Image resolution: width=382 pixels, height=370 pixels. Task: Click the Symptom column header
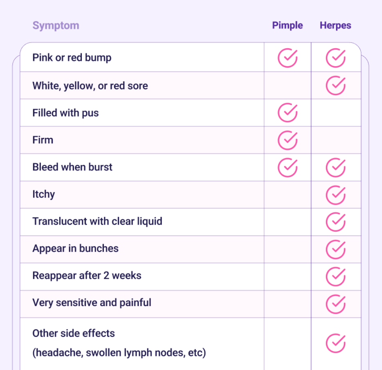[x=56, y=25]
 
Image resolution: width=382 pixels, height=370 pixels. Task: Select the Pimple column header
[x=288, y=25]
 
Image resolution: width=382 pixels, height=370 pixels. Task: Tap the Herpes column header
[x=335, y=25]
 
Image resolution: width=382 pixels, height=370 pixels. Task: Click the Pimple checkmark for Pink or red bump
[x=288, y=58]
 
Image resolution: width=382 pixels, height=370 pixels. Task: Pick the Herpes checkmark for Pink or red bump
[x=336, y=58]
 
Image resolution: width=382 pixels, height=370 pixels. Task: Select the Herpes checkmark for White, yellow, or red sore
[x=336, y=86]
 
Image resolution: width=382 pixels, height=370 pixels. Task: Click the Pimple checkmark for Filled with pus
[x=288, y=113]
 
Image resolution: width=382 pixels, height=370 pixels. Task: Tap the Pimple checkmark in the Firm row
[x=288, y=140]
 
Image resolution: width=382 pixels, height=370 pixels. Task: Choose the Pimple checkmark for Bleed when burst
[x=288, y=167]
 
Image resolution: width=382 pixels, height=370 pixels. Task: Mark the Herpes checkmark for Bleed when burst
[x=336, y=167]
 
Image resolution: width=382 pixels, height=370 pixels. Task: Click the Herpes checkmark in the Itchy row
[x=336, y=194]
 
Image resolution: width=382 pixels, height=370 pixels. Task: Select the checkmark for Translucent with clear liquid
[x=336, y=221]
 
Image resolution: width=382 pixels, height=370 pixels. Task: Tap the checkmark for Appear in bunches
[x=336, y=248]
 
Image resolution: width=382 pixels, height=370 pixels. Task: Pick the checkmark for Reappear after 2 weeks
[x=336, y=276]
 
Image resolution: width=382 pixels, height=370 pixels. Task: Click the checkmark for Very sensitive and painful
[x=336, y=303]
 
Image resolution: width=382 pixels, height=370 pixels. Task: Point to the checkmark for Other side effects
[x=336, y=343]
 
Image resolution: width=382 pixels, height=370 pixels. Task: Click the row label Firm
[x=43, y=140]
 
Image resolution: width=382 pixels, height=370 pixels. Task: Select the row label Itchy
[x=43, y=194]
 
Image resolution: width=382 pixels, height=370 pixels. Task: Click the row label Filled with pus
[x=65, y=113]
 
